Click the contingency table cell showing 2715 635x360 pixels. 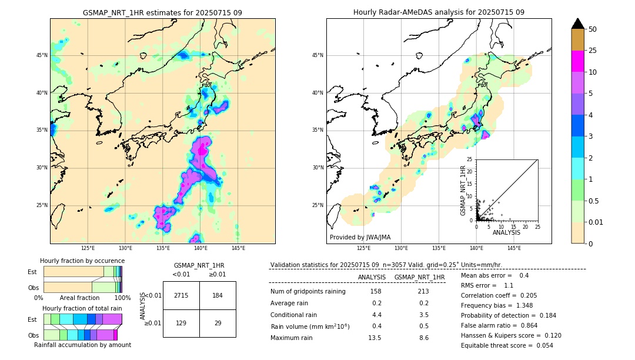pyautogui.click(x=181, y=295)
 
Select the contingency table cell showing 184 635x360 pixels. pyautogui.click(x=218, y=295)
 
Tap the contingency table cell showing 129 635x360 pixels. pyautogui.click(x=181, y=324)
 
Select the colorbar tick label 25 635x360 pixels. pyautogui.click(x=593, y=51)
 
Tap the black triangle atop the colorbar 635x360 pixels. pyautogui.click(x=578, y=24)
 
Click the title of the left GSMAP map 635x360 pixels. pyautogui.click(x=162, y=12)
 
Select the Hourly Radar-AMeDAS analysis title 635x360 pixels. pyautogui.click(x=439, y=12)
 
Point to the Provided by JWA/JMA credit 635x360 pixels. pyautogui.click(x=360, y=237)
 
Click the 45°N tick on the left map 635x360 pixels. pyautogui.click(x=42, y=55)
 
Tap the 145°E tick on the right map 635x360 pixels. pyautogui.click(x=514, y=248)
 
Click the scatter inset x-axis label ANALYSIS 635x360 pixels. pyautogui.click(x=506, y=232)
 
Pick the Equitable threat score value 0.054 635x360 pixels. pyautogui.click(x=540, y=346)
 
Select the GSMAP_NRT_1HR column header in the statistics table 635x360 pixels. pyautogui.click(x=419, y=277)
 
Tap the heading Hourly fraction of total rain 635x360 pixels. pyautogui.click(x=82, y=308)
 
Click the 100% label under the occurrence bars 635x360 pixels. pyautogui.click(x=122, y=298)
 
